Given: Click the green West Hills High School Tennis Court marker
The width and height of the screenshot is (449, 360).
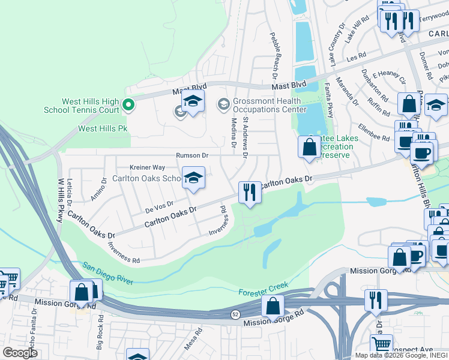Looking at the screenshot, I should click(x=128, y=106).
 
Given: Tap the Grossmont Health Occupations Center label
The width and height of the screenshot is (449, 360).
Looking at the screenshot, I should click(x=267, y=106).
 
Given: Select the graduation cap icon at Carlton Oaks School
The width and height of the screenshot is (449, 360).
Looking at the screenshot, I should click(x=193, y=178).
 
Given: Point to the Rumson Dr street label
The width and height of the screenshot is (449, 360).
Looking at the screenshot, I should click(x=192, y=155).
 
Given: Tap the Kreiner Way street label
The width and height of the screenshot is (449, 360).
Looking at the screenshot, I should click(x=147, y=167).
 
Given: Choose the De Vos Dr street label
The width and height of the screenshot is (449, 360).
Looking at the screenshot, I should click(x=160, y=207).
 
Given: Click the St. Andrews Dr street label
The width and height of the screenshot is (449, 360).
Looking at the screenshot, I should click(x=246, y=137).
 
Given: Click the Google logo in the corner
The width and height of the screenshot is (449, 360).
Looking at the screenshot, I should click(x=20, y=353).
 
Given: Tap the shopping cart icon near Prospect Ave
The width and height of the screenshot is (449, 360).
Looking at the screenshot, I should click(x=381, y=344).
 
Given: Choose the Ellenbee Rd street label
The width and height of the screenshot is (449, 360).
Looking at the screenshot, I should click(x=374, y=134).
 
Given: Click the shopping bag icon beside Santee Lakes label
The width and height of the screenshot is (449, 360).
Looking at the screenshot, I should click(x=309, y=146).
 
